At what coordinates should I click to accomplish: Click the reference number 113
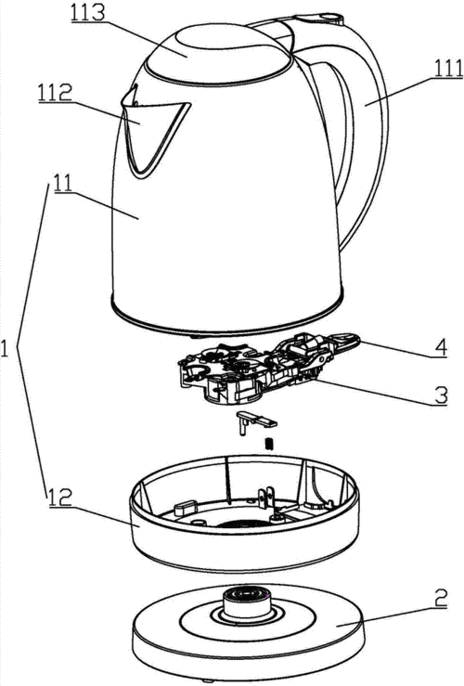pyautogui.click(x=89, y=14)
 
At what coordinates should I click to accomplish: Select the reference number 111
pyautogui.click(x=448, y=69)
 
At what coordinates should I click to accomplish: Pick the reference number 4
pyautogui.click(x=440, y=348)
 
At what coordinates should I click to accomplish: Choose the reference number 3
pyautogui.click(x=441, y=395)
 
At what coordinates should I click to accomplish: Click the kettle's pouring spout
pyautogui.click(x=151, y=131)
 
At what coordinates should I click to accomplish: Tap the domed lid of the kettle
pyautogui.click(x=217, y=55)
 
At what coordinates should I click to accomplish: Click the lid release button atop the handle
pyautogui.click(x=318, y=19)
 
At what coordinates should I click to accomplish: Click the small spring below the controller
pyautogui.click(x=270, y=444)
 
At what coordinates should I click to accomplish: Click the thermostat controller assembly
pyautogui.click(x=263, y=367)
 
